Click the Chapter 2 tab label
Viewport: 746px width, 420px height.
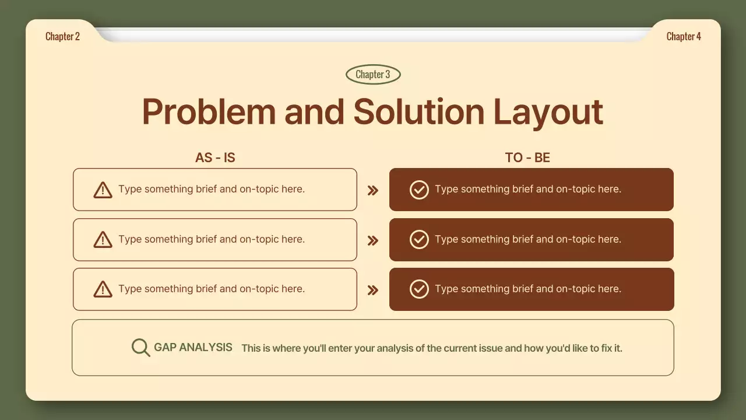[x=62, y=36]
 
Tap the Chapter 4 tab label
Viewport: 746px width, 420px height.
[x=684, y=36]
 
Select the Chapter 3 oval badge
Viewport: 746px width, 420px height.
[x=373, y=74]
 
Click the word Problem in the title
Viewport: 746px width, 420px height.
[x=209, y=111]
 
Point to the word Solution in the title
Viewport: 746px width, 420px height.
[x=418, y=111]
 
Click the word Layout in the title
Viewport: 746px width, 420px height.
[x=548, y=113]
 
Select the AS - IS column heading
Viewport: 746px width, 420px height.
[x=215, y=157]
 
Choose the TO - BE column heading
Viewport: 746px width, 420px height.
[x=527, y=157]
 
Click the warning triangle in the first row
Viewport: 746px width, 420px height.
[x=103, y=190]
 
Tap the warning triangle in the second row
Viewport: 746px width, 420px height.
[x=103, y=240]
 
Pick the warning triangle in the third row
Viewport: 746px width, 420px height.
[x=103, y=289]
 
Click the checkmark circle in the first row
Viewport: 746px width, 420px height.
[x=419, y=190]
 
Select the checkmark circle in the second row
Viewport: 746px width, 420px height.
[x=419, y=239]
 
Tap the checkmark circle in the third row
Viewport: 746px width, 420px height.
[x=419, y=289]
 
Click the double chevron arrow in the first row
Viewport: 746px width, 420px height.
[x=373, y=190]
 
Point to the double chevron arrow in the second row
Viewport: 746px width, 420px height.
[x=373, y=240]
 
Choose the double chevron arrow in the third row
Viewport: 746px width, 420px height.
[x=373, y=290]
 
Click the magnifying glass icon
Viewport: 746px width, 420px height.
[x=140, y=348]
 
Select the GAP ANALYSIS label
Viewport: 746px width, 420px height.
[x=193, y=347]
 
